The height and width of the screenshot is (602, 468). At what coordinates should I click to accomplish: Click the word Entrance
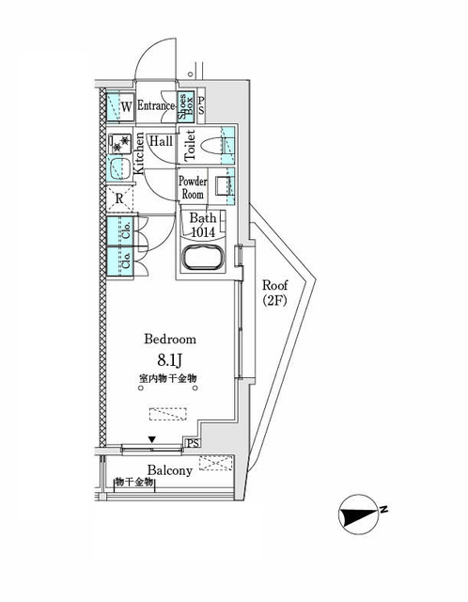pyautogui.click(x=156, y=106)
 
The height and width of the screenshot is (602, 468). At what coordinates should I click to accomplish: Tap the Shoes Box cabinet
pyautogui.click(x=186, y=104)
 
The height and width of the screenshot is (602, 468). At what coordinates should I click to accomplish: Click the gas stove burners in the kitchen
pyautogui.click(x=118, y=144)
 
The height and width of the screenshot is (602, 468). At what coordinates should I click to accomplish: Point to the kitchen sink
pyautogui.click(x=118, y=169)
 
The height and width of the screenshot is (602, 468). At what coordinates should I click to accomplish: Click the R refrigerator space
pyautogui.click(x=119, y=198)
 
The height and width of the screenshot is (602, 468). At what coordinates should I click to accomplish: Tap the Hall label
pyautogui.click(x=160, y=140)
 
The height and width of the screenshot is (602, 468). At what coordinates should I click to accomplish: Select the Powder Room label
pyautogui.click(x=193, y=187)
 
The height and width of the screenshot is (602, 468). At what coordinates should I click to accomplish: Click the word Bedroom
pyautogui.click(x=170, y=339)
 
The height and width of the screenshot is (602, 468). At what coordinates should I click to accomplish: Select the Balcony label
pyautogui.click(x=169, y=470)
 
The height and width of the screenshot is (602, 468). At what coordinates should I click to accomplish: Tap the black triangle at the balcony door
pyautogui.click(x=152, y=439)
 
